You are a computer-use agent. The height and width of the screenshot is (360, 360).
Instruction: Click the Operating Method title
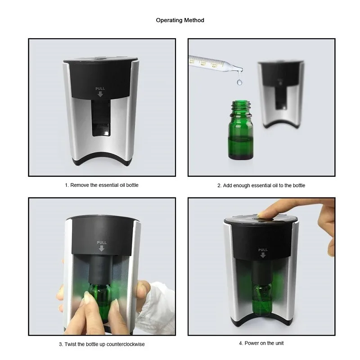(x=180, y=20)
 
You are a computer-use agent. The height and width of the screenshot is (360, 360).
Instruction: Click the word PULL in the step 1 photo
(x=100, y=89)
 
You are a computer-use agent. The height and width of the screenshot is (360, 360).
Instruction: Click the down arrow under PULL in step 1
(x=100, y=94)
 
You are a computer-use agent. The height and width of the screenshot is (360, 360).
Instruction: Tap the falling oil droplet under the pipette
(x=239, y=82)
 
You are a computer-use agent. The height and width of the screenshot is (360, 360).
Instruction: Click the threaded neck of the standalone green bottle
(x=241, y=108)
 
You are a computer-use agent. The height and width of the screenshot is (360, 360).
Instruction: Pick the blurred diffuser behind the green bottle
(x=280, y=94)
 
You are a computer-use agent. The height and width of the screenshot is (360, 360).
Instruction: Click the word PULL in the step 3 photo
(x=102, y=243)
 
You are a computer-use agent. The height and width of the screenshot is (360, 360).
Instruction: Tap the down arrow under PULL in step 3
(x=102, y=248)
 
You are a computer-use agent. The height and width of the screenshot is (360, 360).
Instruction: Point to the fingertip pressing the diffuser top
(x=262, y=215)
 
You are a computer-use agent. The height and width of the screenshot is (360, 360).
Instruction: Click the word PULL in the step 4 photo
(x=263, y=250)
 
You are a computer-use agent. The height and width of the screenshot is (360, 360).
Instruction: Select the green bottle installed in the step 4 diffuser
(x=262, y=298)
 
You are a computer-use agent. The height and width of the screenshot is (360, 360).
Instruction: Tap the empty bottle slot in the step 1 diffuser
(x=101, y=118)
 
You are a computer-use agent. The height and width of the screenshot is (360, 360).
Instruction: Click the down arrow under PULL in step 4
(x=263, y=255)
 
